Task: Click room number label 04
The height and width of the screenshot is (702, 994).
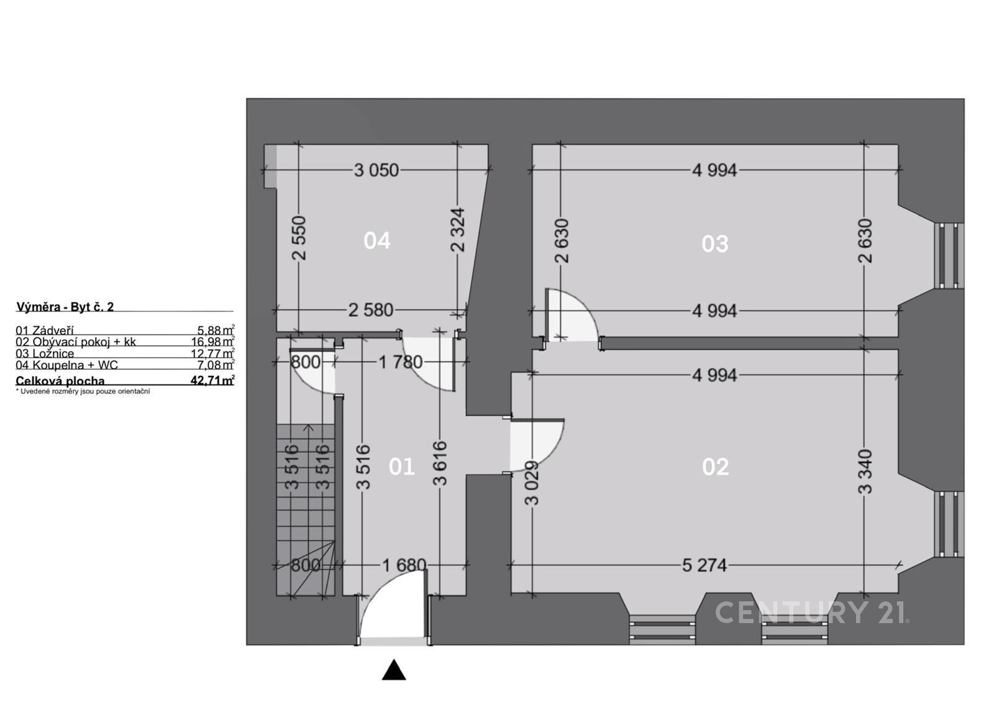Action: [377, 240]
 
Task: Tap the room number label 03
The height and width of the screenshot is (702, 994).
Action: [714, 244]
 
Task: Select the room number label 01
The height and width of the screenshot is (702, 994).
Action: [401, 467]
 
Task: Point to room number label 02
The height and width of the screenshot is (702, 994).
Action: [715, 467]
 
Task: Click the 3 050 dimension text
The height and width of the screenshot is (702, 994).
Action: [376, 170]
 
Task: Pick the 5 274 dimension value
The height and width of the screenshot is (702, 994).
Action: [704, 565]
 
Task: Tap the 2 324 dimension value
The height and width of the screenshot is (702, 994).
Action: [458, 230]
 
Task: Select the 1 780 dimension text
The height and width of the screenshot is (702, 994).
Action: [401, 362]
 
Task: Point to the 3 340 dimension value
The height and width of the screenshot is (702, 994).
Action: [865, 472]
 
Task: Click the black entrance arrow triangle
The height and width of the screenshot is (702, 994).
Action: [393, 671]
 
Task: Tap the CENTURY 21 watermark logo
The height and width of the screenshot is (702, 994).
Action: [811, 613]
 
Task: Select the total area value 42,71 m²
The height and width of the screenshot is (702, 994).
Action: [212, 381]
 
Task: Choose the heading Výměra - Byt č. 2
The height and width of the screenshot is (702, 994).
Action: [65, 307]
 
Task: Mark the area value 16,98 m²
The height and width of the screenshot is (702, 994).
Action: [212, 342]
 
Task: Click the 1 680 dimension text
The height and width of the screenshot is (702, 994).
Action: [404, 565]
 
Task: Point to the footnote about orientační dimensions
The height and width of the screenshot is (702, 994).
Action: [83, 391]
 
